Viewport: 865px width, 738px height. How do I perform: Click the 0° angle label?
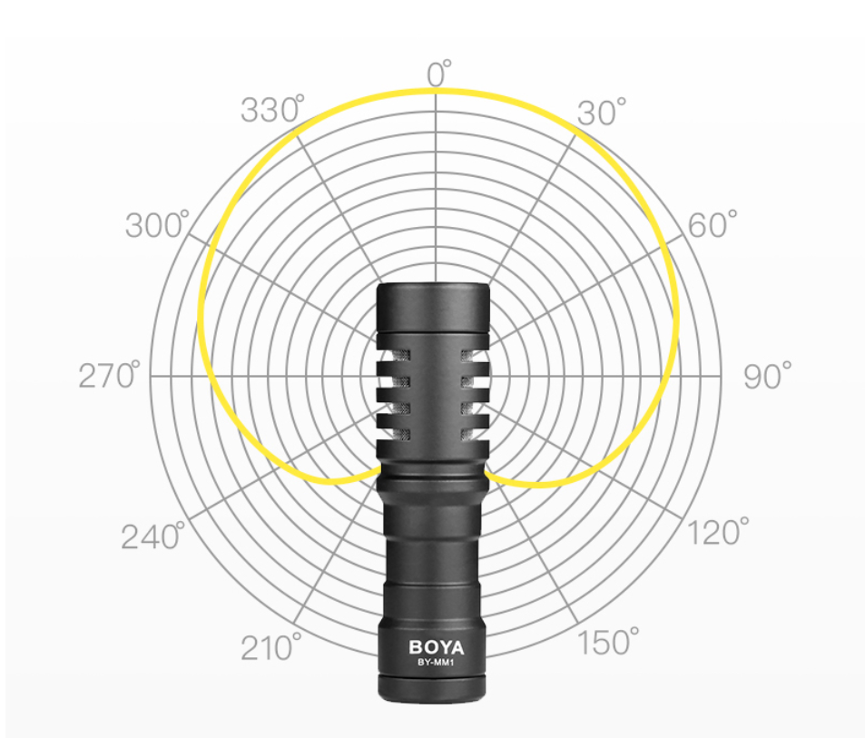click(x=439, y=74)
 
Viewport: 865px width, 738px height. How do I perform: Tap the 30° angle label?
click(x=602, y=112)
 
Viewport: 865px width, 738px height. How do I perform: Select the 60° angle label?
click(x=713, y=224)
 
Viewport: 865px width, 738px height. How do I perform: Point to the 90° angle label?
click(x=767, y=376)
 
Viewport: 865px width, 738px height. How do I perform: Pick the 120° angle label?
click(x=718, y=532)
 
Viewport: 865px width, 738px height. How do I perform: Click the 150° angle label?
click(x=608, y=642)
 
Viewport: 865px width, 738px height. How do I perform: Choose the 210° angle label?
click(x=271, y=647)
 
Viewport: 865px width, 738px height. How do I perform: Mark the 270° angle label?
click(x=110, y=376)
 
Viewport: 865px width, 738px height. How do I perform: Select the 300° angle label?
click(x=157, y=224)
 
